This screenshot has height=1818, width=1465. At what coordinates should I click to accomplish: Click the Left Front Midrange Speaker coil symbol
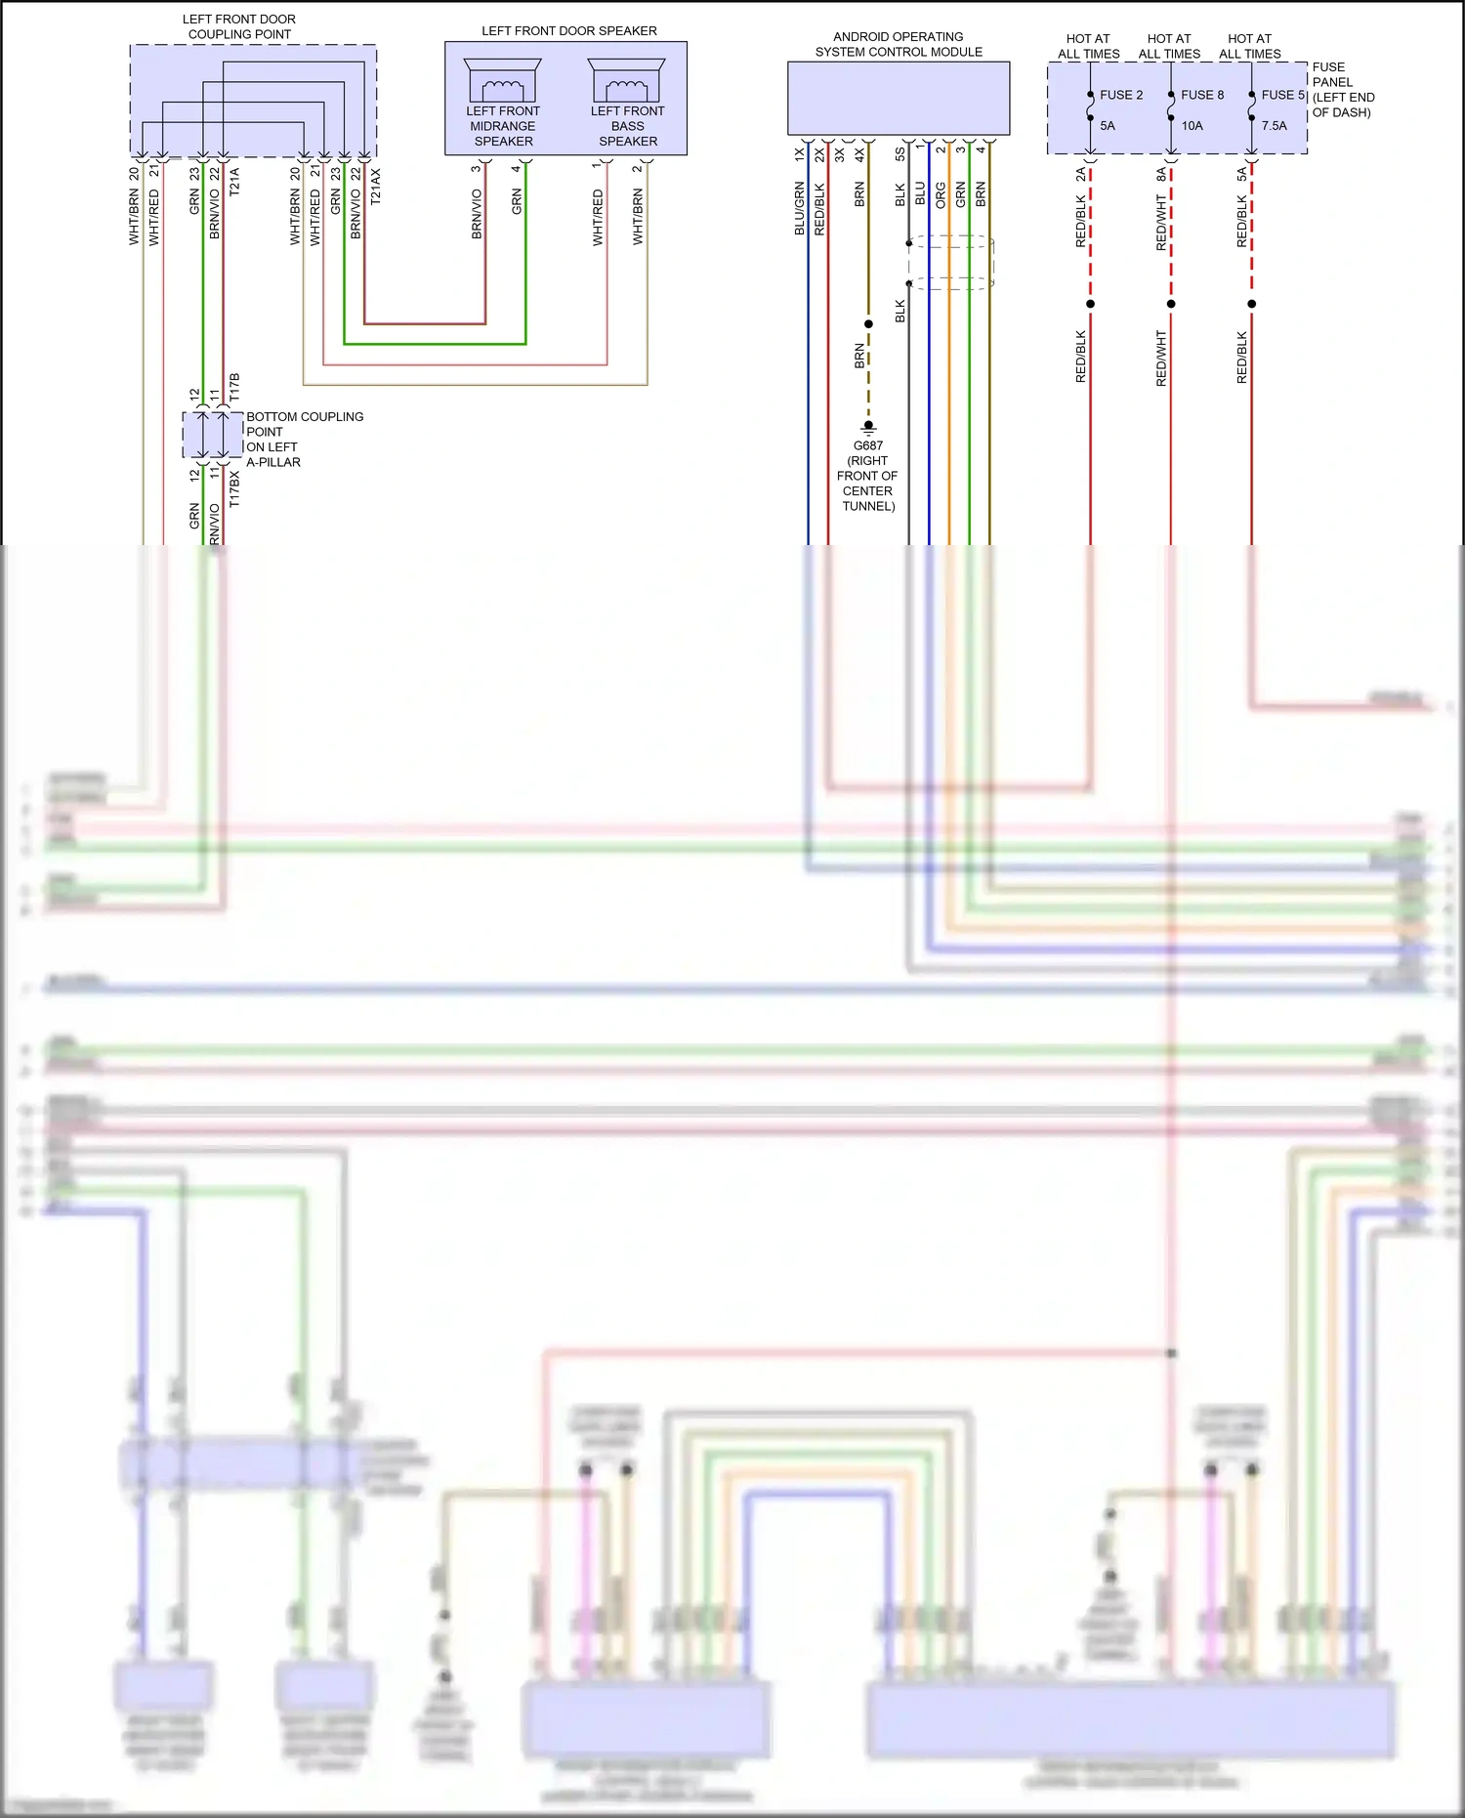click(x=502, y=89)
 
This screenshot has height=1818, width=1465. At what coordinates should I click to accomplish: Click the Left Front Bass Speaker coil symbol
click(x=626, y=89)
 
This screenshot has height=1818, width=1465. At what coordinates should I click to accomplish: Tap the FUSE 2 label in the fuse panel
click(x=1120, y=95)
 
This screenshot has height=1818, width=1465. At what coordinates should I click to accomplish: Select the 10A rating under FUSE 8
click(x=1192, y=125)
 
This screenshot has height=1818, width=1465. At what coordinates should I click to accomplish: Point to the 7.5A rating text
click(x=1274, y=125)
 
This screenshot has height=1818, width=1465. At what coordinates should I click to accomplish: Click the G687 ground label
click(x=867, y=445)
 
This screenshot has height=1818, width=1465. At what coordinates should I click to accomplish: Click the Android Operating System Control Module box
click(x=898, y=98)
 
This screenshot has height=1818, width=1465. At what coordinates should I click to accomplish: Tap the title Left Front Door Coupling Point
click(x=239, y=26)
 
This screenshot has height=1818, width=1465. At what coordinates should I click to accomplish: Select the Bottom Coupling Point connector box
click(x=212, y=435)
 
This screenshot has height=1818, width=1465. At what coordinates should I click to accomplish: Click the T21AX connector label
click(x=376, y=186)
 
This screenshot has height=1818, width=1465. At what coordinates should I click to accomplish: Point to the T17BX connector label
click(x=234, y=488)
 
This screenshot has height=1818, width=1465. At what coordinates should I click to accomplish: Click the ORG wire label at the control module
click(x=941, y=194)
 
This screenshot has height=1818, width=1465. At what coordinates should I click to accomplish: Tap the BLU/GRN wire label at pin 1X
click(x=799, y=208)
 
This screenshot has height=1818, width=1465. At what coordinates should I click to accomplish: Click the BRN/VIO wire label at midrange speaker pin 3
click(x=477, y=214)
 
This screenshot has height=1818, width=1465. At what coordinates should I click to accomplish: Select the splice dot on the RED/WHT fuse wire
click(x=1171, y=304)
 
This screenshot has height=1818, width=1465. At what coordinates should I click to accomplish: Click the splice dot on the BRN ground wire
click(x=868, y=324)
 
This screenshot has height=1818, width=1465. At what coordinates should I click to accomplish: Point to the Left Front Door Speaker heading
click(x=568, y=31)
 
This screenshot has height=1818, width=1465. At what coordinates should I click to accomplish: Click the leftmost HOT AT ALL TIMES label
click(x=1088, y=46)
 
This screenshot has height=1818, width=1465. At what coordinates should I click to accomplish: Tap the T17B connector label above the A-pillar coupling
click(x=234, y=387)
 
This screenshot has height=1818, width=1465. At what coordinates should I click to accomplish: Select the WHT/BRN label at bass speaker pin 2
click(x=638, y=217)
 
